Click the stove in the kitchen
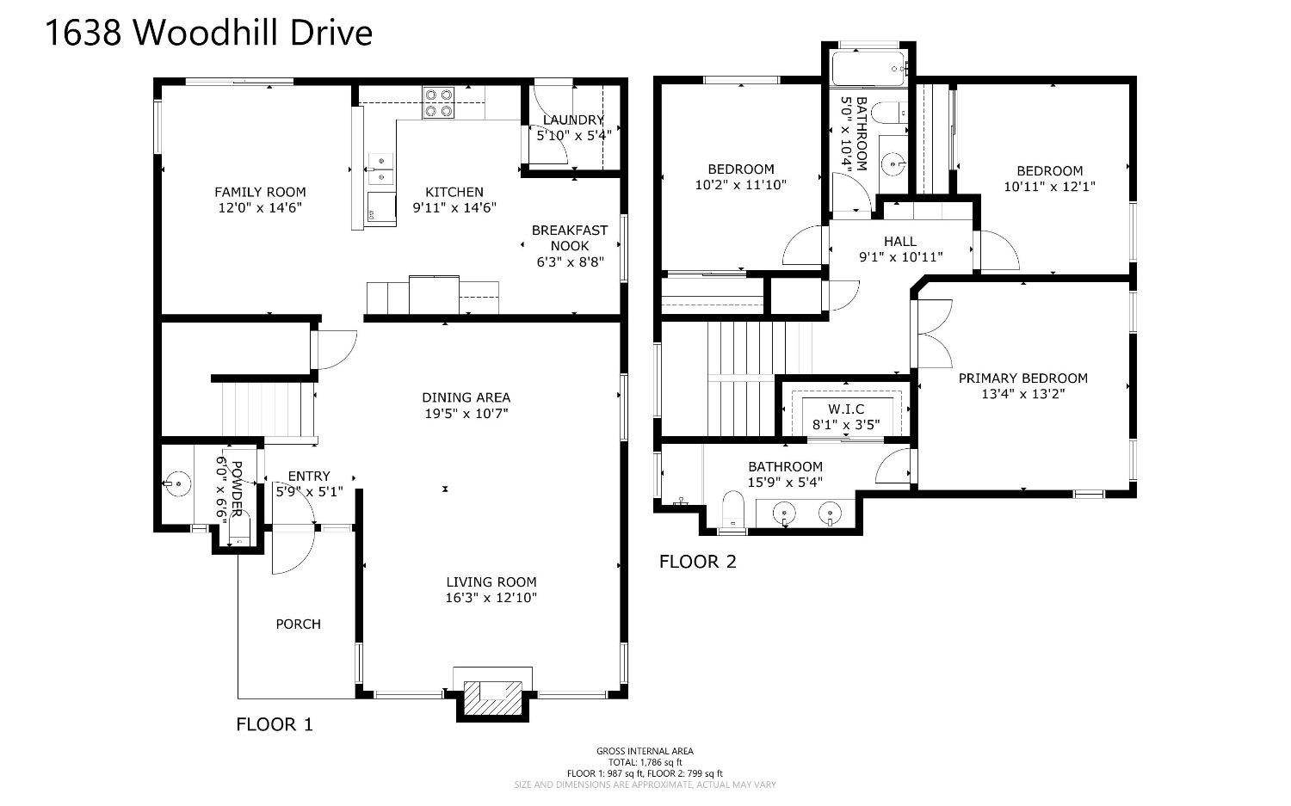coord(438,102)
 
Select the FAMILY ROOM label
coord(260,192)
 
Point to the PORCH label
coord(298,624)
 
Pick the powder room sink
coord(177,483)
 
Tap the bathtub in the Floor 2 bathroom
coord(868,69)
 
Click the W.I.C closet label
coord(846,409)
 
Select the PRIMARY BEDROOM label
coord(1023,378)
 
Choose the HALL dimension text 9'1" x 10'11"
coord(900,257)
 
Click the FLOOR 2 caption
coord(697,561)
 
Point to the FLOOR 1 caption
coord(275,724)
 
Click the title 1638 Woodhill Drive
coord(208,33)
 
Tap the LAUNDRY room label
coord(573,120)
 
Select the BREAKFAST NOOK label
coord(570,238)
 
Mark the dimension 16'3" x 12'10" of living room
coord(491,598)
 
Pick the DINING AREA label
coord(466,397)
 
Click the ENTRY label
coord(309,476)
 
